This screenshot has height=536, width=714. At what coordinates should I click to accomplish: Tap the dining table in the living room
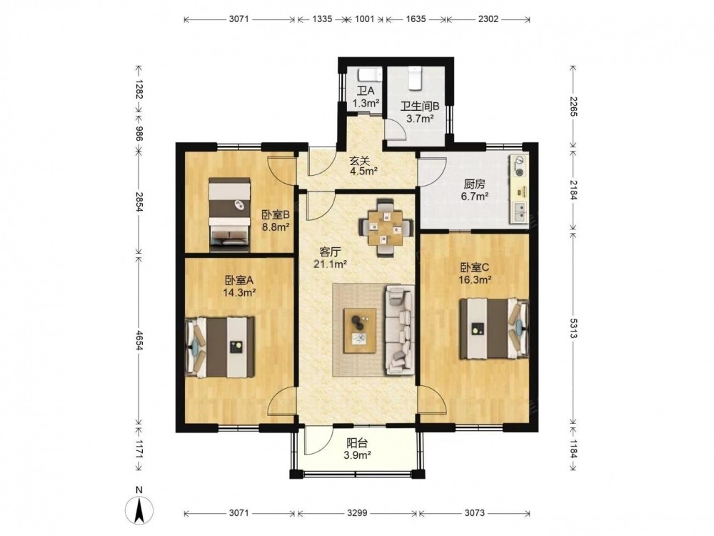coord(386,227)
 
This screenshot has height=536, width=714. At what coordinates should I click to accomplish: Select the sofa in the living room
coord(400,330)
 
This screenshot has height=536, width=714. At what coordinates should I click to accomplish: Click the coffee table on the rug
coord(360,330)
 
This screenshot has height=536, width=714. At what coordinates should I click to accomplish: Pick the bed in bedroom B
coord(229,214)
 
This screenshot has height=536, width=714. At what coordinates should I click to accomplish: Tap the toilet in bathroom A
coord(369,74)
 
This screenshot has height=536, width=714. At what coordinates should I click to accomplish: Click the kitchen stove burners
coord(518,166)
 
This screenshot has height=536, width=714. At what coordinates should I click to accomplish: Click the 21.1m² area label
coord(331,264)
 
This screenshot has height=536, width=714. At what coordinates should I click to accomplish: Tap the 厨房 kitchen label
coord(474,184)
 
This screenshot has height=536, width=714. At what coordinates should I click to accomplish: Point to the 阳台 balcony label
coord(357,442)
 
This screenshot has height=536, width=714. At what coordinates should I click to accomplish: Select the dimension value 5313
coord(573,329)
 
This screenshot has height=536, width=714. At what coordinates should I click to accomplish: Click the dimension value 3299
coord(357,513)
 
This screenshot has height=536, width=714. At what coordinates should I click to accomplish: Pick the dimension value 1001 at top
coord(364,19)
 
